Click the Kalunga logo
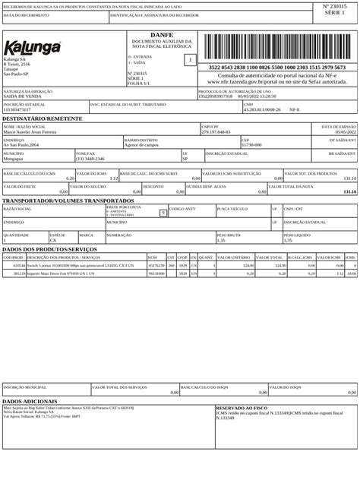point(32,48)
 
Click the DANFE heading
point(161,35)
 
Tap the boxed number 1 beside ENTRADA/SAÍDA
point(190,59)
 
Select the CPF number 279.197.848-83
point(216,132)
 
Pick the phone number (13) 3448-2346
point(90,159)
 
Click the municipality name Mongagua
point(14,159)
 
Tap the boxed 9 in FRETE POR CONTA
point(163,213)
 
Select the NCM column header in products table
point(152,257)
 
